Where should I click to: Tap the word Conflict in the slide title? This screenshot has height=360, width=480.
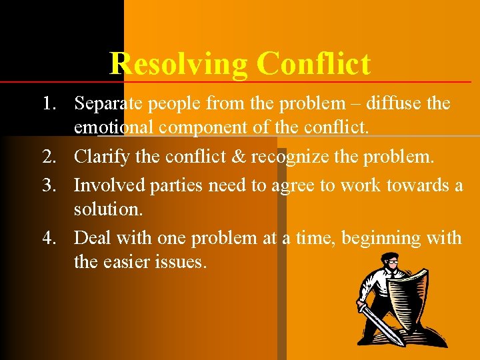[x=313, y=64]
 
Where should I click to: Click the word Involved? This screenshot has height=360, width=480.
[x=105, y=185]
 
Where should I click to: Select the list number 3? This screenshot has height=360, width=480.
[x=49, y=185]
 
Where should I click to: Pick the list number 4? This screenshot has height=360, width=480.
[x=49, y=238]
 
